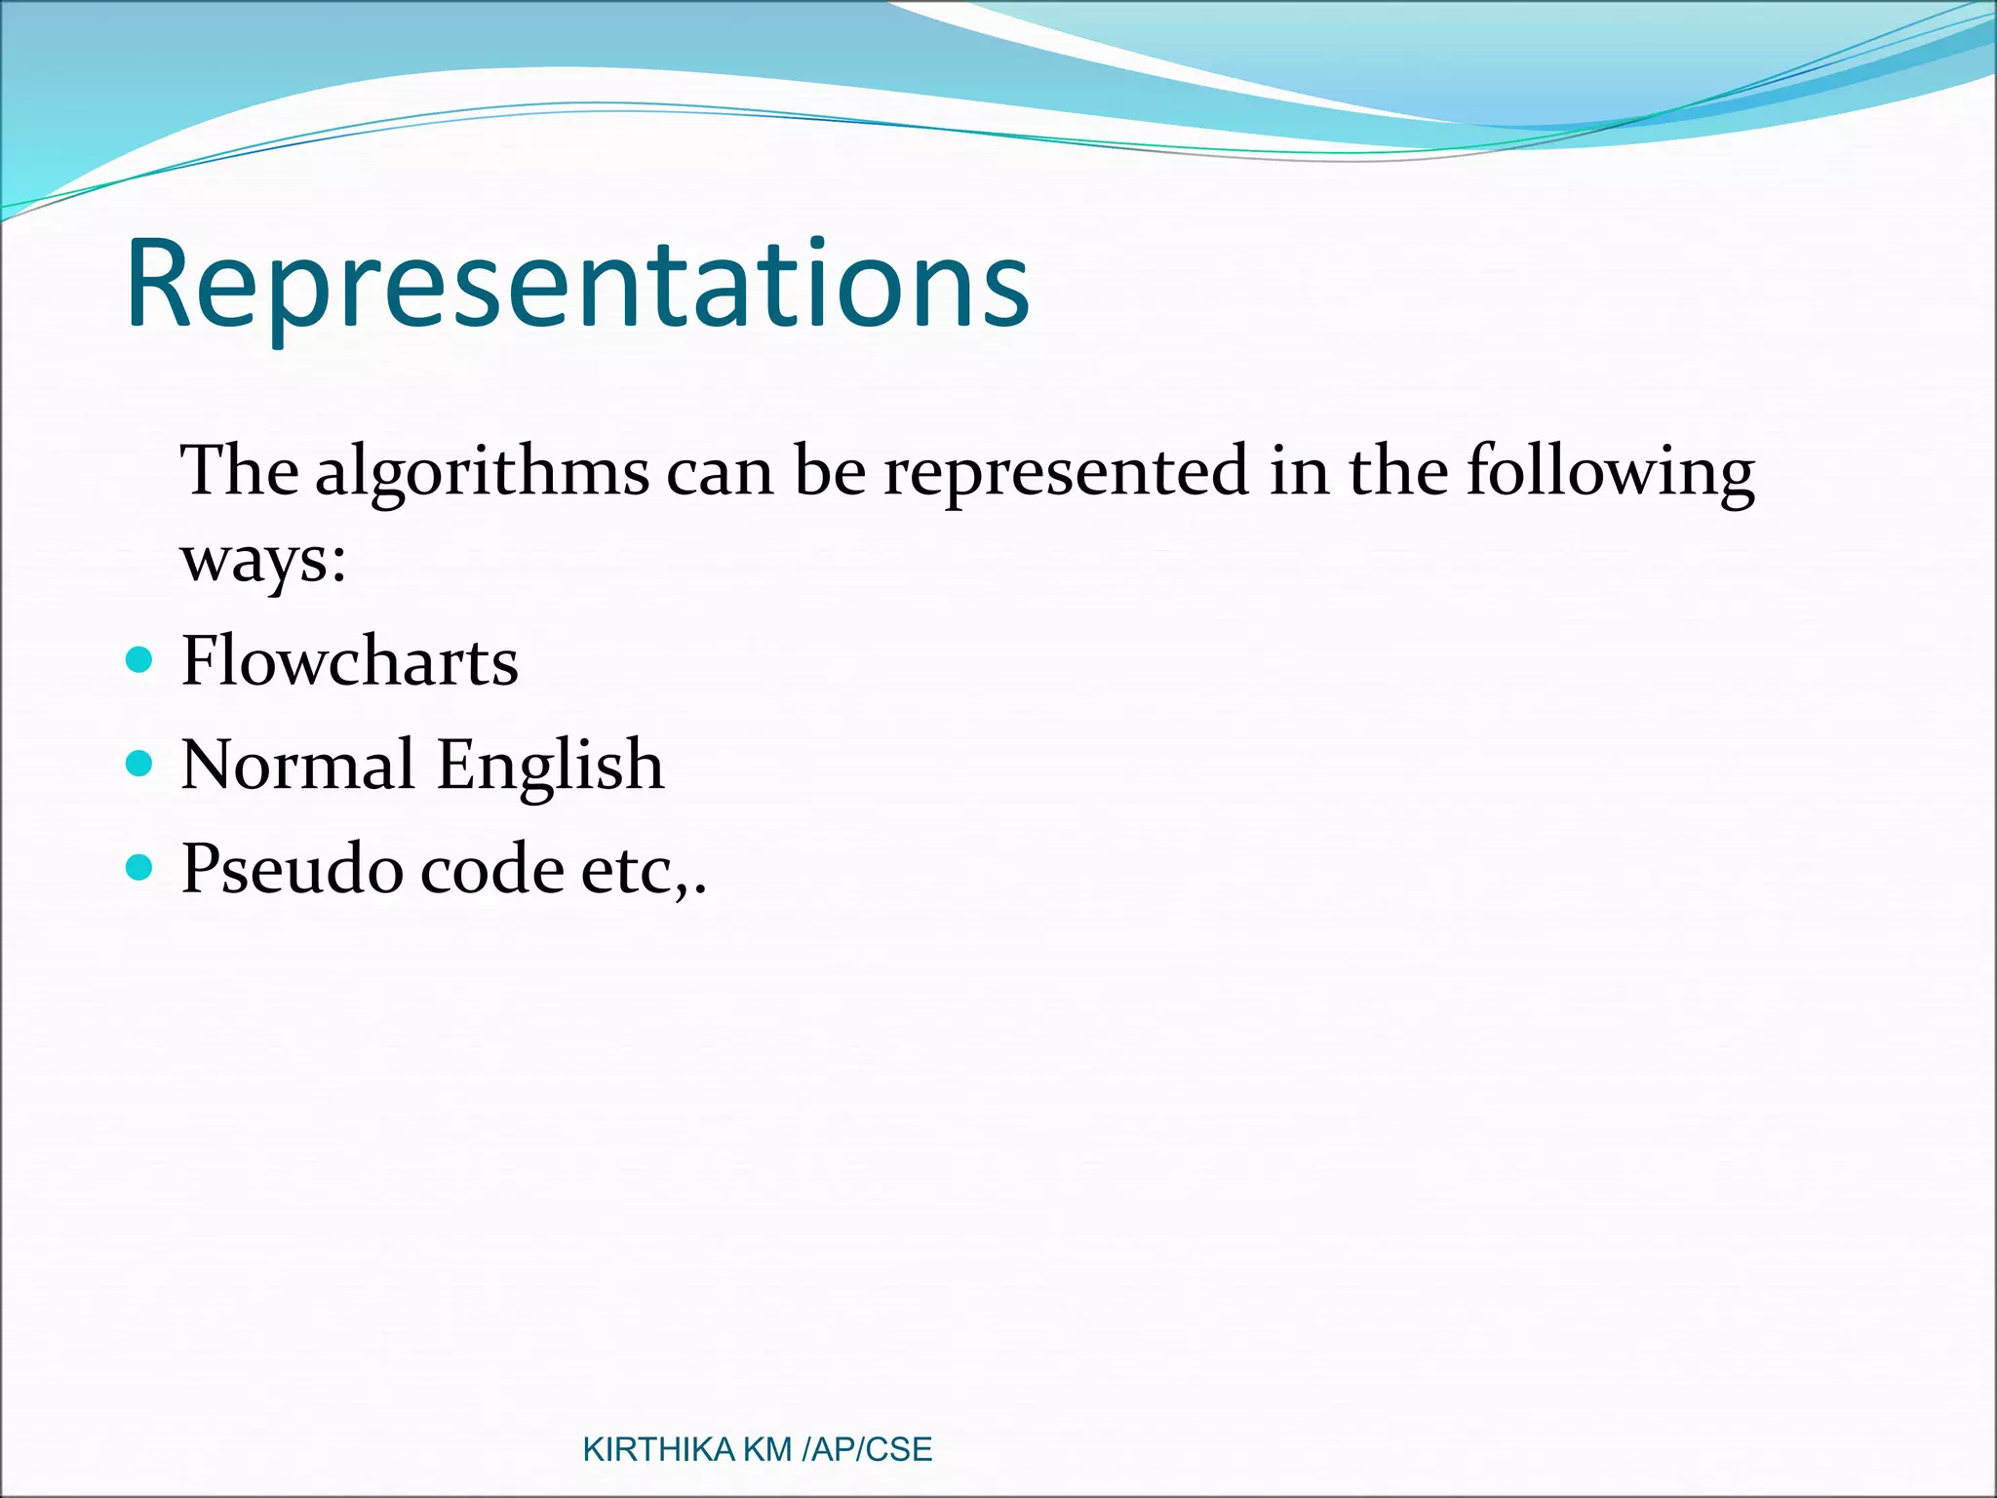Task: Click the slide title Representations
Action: tap(577, 285)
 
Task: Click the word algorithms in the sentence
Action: tap(482, 472)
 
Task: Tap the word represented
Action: tap(1065, 472)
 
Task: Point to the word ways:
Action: tap(263, 562)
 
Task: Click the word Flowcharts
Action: tap(349, 661)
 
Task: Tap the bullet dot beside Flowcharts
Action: tap(140, 660)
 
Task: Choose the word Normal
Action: tap(297, 765)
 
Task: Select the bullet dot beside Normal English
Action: tap(140, 763)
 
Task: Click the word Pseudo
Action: tap(292, 868)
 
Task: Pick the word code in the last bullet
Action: tap(491, 868)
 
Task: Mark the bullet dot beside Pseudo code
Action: tap(140, 866)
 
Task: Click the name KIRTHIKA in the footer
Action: tap(658, 1450)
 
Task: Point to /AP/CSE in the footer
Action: tap(866, 1450)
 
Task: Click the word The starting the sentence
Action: tap(240, 472)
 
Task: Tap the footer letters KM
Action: tap(767, 1450)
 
